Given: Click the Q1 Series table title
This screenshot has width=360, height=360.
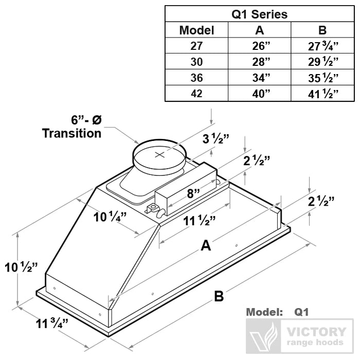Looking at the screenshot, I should click(x=259, y=14).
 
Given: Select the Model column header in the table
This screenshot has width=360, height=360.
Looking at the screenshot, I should click(x=196, y=30).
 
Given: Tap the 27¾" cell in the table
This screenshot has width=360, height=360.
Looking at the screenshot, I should click(x=322, y=46).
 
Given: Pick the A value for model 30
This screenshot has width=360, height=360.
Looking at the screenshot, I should click(x=259, y=62).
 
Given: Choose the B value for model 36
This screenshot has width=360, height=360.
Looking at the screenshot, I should click(x=322, y=78).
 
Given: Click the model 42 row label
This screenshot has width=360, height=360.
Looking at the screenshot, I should click(x=196, y=94).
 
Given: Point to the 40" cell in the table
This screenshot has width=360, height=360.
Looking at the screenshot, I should click(x=259, y=94).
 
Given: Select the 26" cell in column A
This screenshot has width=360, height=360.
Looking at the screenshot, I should click(x=259, y=46).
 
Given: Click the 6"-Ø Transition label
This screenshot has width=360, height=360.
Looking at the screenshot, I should click(x=72, y=127).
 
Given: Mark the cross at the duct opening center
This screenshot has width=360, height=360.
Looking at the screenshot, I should click(x=160, y=154).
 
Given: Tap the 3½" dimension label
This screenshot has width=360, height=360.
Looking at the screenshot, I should click(x=215, y=139).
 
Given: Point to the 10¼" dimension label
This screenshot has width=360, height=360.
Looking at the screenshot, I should click(x=108, y=217).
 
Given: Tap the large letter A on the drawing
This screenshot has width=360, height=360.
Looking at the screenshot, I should click(x=206, y=246).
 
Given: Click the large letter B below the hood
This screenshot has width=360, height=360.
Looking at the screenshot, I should click(x=219, y=297).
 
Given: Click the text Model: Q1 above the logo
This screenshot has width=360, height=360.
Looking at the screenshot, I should click(x=277, y=312).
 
